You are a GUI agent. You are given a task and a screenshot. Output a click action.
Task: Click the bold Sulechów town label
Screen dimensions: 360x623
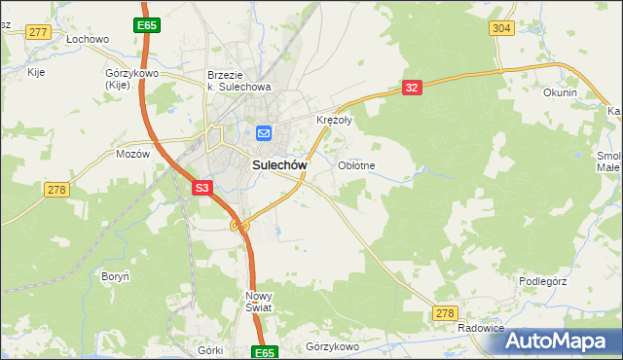click(x=280, y=165)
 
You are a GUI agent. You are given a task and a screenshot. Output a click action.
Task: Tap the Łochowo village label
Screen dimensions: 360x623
click(x=87, y=40)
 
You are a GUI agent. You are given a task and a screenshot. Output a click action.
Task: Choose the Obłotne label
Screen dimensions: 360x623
click(x=356, y=165)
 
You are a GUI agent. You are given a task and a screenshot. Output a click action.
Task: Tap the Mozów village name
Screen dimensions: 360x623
click(x=132, y=154)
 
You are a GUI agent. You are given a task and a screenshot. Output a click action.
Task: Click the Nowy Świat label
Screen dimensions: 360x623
click(x=259, y=301)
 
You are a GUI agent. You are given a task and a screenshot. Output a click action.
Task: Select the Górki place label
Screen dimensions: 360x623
click(x=210, y=349)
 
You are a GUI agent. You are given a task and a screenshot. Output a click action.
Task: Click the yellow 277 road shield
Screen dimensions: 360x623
click(x=38, y=32)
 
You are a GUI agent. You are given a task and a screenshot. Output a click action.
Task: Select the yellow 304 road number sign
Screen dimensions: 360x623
click(x=501, y=28)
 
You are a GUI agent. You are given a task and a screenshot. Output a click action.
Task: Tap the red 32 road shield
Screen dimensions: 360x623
click(x=412, y=88)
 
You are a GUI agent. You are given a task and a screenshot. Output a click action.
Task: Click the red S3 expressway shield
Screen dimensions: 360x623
click(x=202, y=188)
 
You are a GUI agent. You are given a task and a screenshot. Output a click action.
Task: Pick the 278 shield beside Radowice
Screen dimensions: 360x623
click(x=445, y=312)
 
